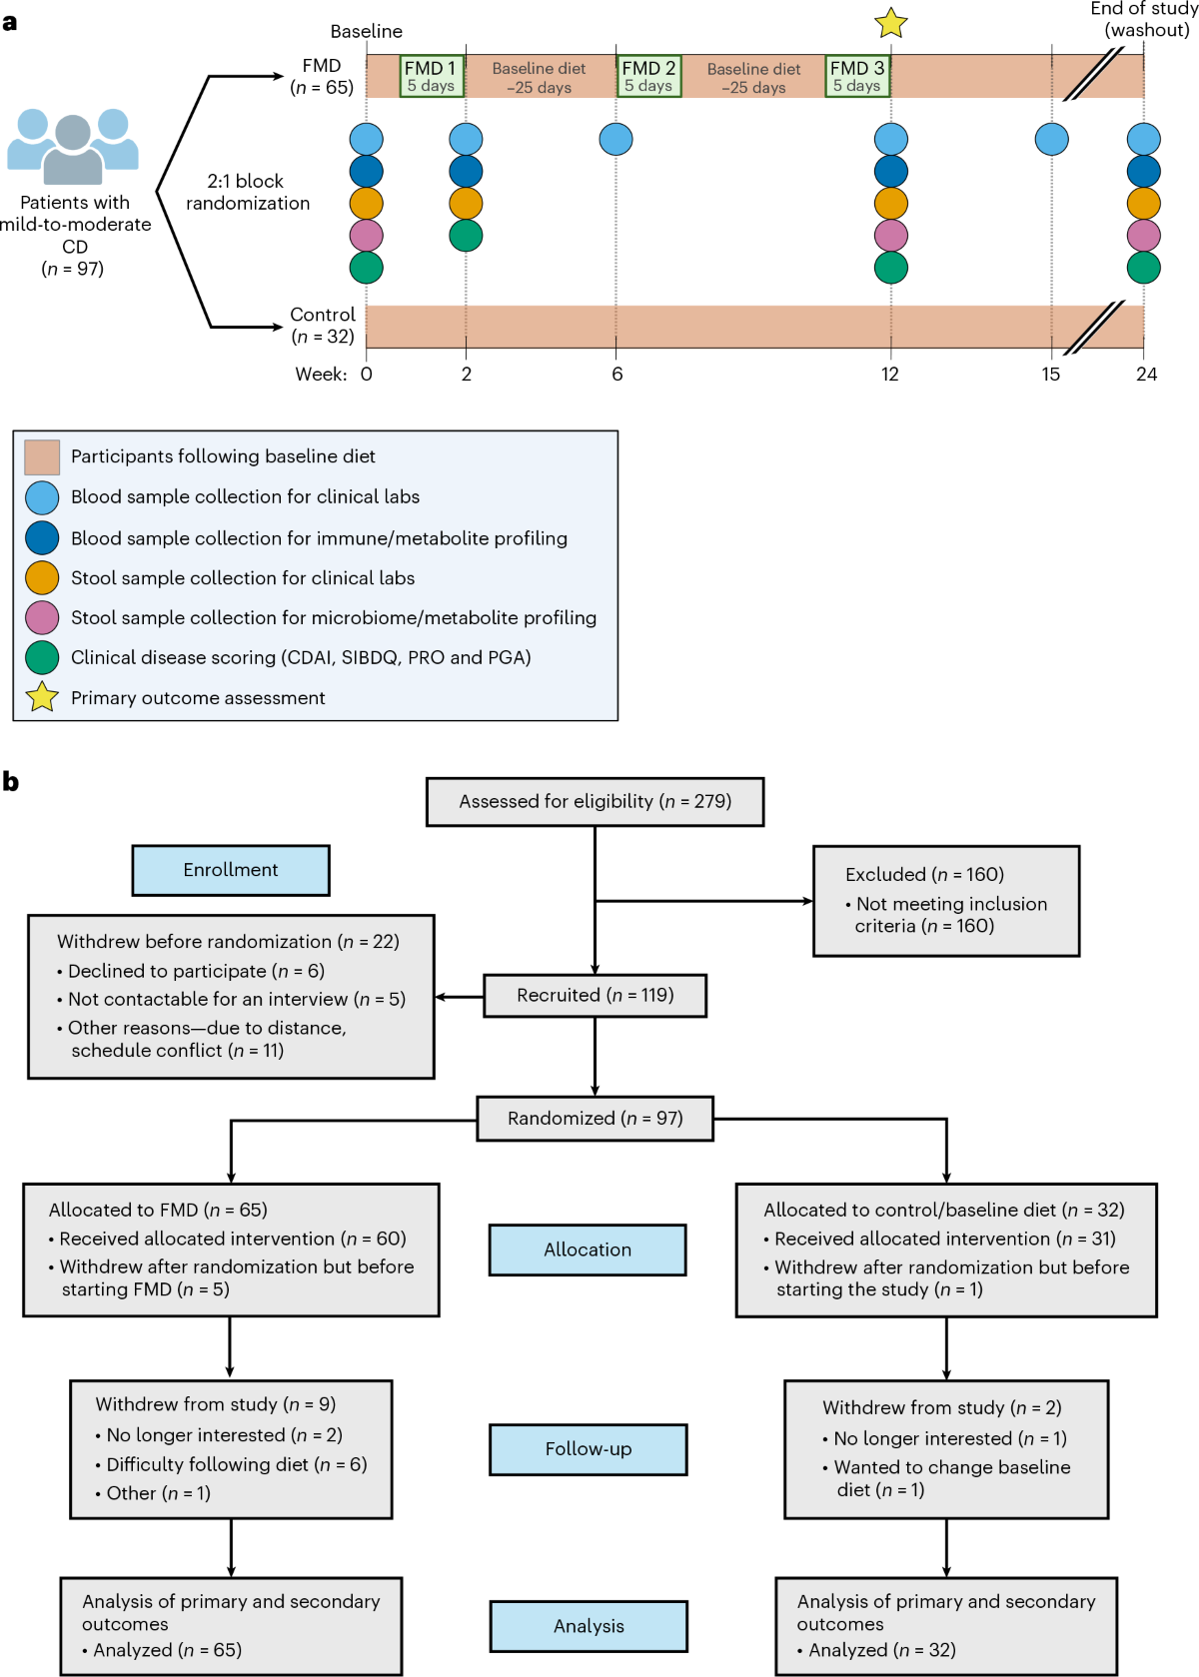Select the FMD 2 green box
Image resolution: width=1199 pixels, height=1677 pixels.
[648, 76]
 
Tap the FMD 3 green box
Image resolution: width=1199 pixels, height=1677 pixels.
[857, 76]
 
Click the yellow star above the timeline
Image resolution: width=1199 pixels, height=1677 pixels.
[890, 23]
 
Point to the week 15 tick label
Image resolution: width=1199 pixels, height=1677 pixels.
[1050, 375]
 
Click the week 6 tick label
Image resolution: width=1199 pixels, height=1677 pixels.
[616, 375]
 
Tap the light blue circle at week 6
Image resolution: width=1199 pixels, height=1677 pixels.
[615, 139]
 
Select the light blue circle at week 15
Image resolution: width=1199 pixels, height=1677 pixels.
[1051, 139]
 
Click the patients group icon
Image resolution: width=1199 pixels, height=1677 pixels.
[73, 146]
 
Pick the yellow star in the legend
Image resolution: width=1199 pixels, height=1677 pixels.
[42, 697]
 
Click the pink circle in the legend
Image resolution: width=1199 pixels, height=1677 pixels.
[42, 617]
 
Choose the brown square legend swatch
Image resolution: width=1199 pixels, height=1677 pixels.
[42, 456]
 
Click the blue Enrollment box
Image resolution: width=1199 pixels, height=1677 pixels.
[231, 870]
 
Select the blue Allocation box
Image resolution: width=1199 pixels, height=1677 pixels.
[588, 1250]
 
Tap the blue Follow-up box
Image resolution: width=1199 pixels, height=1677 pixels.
[588, 1449]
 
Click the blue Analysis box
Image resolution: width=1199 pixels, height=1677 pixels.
[589, 1626]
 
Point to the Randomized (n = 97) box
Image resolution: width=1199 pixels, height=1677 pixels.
[596, 1119]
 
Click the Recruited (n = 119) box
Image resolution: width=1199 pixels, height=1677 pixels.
[596, 996]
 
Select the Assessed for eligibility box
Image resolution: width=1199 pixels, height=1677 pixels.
[596, 802]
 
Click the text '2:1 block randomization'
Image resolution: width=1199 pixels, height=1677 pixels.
[248, 192]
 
